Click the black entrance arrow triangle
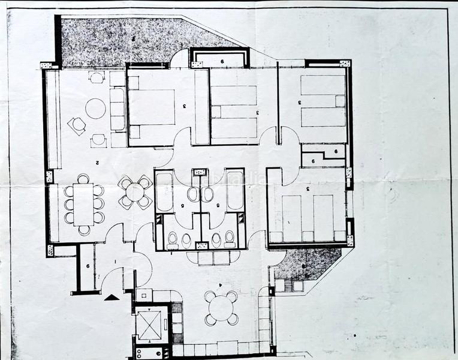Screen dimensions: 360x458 pos(112,296)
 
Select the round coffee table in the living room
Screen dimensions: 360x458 pos(95,109)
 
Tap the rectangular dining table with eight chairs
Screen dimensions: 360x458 pos(84,203)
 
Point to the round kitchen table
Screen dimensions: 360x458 pos(221,308)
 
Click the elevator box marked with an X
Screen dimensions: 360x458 pos(148,325)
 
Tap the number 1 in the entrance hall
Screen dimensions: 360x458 pos(114,262)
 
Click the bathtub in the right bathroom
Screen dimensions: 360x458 pos(235,191)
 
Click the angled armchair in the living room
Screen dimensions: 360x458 pos(77,125)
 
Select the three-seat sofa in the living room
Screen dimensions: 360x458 pos(117,109)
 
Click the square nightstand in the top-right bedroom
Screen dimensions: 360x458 pos(340,101)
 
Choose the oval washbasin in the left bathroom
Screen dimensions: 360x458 pos(192,194)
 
